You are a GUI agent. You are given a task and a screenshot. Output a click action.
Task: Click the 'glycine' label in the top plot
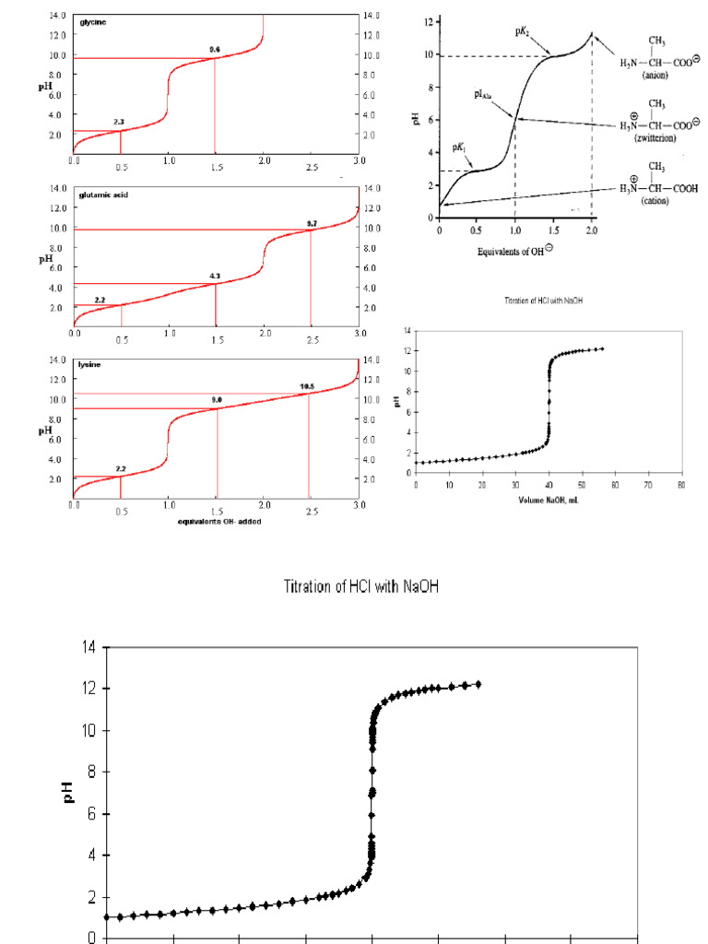[x=94, y=21]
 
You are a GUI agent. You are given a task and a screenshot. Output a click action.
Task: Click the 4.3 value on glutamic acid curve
[x=215, y=277]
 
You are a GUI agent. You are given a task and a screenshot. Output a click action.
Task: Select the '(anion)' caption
[x=655, y=76]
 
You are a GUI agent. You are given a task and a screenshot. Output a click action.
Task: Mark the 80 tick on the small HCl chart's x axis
[x=681, y=484]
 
